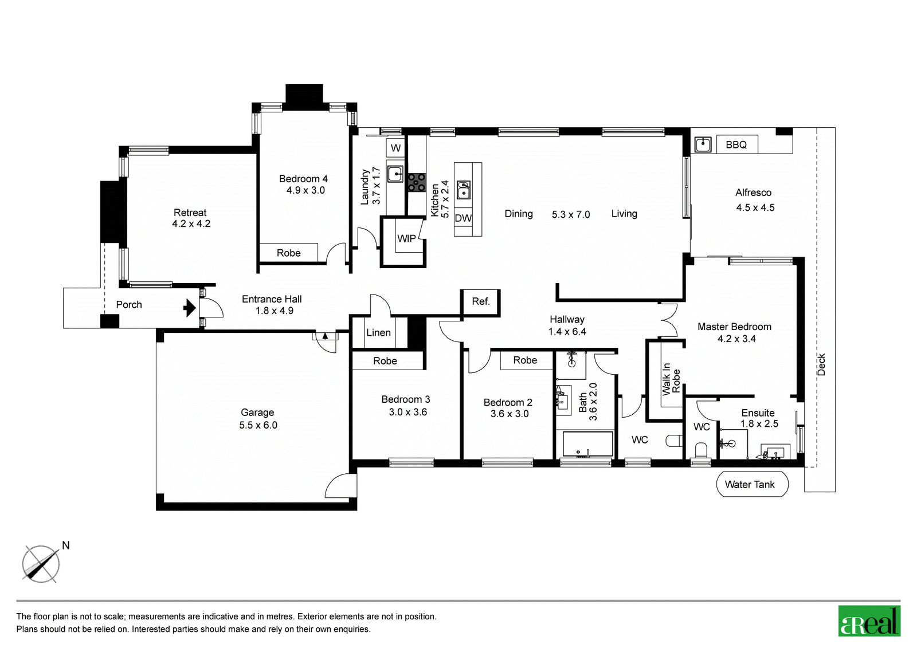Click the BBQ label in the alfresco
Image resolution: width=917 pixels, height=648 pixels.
coord(736,144)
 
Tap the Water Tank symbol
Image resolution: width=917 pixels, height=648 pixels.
coord(752,484)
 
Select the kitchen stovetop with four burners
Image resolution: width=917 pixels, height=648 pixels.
coord(417,183)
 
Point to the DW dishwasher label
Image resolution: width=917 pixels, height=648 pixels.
coord(463,218)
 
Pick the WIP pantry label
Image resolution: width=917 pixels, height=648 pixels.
coord(406,238)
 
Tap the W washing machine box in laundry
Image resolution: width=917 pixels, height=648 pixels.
coord(395,148)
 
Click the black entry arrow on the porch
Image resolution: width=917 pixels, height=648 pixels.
coord(190,308)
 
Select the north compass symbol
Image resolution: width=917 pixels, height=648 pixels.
coord(41,564)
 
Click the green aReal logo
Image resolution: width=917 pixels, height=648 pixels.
coord(869,621)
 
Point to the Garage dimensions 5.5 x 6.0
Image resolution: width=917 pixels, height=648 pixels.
coord(258,425)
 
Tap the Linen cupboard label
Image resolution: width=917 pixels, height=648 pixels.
coord(378,332)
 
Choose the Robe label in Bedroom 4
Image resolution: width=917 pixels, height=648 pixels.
coord(289,253)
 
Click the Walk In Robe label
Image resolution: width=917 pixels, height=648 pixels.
coord(671,379)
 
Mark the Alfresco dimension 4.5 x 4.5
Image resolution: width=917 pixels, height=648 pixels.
coord(755,207)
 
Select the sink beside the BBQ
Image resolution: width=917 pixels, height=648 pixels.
coord(703,144)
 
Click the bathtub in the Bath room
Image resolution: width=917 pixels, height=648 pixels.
coord(587,444)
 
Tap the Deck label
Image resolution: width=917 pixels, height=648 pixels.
coord(821,364)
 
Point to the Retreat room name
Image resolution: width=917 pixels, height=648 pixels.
coord(190,213)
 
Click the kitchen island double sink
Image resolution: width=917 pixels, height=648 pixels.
coord(464,190)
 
